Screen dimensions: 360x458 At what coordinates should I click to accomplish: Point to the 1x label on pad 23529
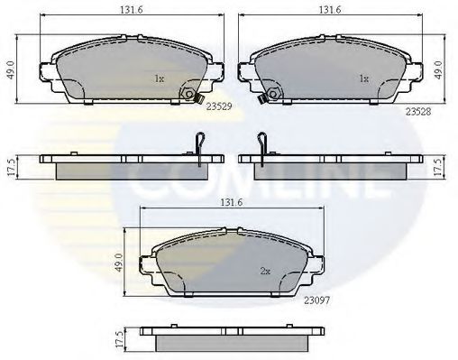(159, 78)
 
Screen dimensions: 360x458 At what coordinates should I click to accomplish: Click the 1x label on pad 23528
(364, 78)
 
